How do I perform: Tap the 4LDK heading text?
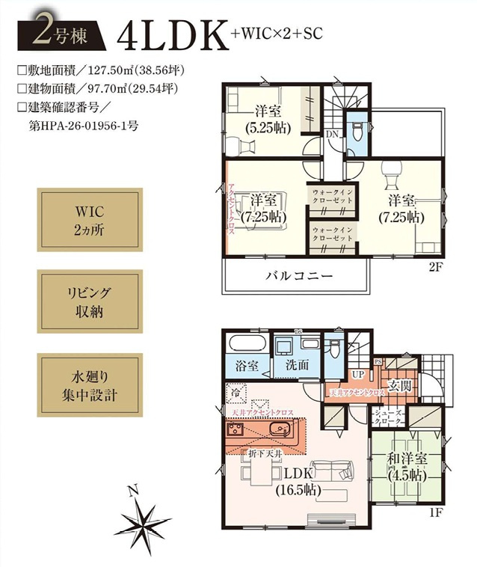(x=173, y=35)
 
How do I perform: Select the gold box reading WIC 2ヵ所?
(x=89, y=220)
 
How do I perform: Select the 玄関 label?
(x=400, y=385)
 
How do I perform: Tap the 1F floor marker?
(x=437, y=515)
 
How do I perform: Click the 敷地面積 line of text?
(x=100, y=71)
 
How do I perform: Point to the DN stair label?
(x=332, y=134)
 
